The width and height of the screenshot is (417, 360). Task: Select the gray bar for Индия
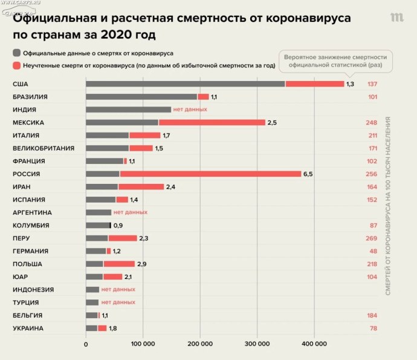pos(128,110)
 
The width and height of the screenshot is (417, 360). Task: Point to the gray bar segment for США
pos(185,83)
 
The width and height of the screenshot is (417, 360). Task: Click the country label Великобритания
pos(44,148)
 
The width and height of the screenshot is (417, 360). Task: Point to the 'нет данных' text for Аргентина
pos(131,212)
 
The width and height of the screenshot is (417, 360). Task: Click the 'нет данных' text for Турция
pos(118,302)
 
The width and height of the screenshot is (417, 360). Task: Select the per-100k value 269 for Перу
pos(371,238)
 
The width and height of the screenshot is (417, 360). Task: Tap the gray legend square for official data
pos(16,53)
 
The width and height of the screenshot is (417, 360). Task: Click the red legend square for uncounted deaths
pos(16,65)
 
